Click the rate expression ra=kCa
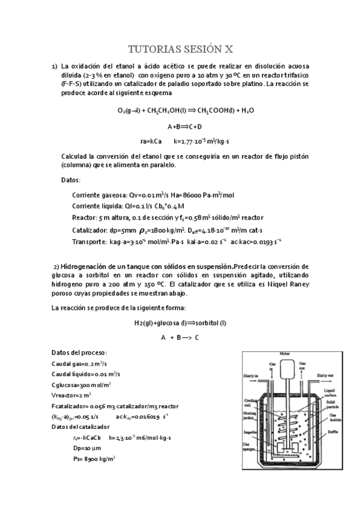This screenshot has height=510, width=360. pos(151,141)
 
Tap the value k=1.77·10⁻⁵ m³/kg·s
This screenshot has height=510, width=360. pos(201,141)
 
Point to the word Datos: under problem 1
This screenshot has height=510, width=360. pos(71,180)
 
